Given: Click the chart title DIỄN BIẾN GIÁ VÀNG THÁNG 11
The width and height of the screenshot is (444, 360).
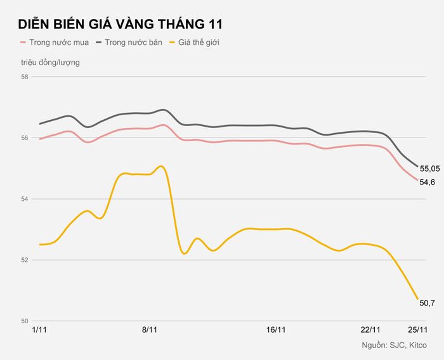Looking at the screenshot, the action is pyautogui.click(x=121, y=23).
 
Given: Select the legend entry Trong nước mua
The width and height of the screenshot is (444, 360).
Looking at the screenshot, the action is pyautogui.click(x=55, y=42).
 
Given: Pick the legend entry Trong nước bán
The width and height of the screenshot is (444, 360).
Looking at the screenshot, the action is pyautogui.click(x=129, y=42).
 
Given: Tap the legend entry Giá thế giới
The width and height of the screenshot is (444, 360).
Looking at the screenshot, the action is pyautogui.click(x=194, y=42).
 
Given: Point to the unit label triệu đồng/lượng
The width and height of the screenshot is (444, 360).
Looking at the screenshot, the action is pyautogui.click(x=50, y=62).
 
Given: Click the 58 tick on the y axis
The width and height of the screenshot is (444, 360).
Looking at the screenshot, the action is pyautogui.click(x=25, y=77).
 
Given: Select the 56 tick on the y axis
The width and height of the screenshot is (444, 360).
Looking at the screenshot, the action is pyautogui.click(x=25, y=138).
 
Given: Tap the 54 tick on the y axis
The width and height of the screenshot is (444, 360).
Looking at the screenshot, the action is pyautogui.click(x=25, y=199).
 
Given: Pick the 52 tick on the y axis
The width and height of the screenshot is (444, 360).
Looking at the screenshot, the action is pyautogui.click(x=25, y=260).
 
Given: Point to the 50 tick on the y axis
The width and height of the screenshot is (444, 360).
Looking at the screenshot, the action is pyautogui.click(x=25, y=321).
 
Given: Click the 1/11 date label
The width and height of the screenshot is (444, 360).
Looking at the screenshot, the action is pyautogui.click(x=39, y=330).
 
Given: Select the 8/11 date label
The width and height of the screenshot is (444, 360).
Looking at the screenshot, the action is pyautogui.click(x=150, y=330).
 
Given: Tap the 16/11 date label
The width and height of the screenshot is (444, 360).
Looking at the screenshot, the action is pyautogui.click(x=276, y=330).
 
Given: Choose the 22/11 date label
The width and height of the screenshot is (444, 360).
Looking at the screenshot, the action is pyautogui.click(x=370, y=330).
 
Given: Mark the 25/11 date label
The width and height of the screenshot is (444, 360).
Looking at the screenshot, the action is pyautogui.click(x=417, y=330).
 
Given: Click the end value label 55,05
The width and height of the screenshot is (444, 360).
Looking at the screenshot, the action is pyautogui.click(x=430, y=169).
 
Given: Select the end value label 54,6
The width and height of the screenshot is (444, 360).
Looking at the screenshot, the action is pyautogui.click(x=428, y=183).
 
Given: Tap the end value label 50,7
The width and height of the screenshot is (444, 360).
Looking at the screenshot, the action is pyautogui.click(x=428, y=303).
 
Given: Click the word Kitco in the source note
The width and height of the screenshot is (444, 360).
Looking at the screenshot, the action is pyautogui.click(x=418, y=345).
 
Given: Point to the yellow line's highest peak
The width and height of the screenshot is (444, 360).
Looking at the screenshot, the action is pyautogui.click(x=161, y=166).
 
